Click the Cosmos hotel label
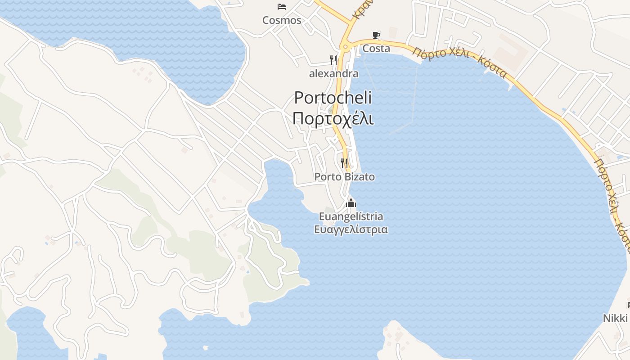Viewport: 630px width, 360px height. tap(282, 20)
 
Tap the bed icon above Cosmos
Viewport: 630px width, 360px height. tap(282, 6)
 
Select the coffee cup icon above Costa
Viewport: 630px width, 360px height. tap(376, 35)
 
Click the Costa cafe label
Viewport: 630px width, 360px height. tap(376, 48)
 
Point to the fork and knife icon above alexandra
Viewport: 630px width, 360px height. tap(333, 60)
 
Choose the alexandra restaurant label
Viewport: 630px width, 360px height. tap(333, 73)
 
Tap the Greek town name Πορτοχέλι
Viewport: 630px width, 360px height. tap(333, 118)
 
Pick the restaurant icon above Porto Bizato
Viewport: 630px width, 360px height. tap(344, 163)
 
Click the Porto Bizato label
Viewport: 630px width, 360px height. tap(344, 177)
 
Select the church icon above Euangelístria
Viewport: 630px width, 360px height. tap(351, 203)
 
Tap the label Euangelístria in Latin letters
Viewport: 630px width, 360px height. tap(351, 216)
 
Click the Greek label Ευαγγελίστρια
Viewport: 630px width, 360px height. tap(351, 229)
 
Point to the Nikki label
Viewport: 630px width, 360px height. tap(615, 318)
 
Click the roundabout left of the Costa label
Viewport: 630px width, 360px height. tap(346, 46)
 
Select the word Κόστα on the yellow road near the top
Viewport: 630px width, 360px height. tap(493, 67)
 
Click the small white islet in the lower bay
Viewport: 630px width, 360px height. tap(206, 347)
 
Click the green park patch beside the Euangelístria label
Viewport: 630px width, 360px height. tap(329, 210)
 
